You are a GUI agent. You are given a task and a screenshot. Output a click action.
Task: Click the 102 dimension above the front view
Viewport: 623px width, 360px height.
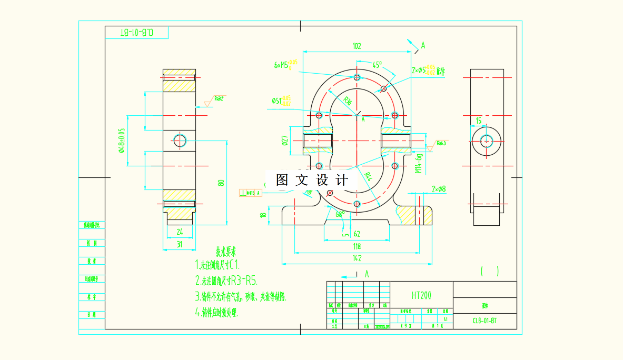tap(357, 46)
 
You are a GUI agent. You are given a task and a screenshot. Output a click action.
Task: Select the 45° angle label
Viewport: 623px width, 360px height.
tap(377, 65)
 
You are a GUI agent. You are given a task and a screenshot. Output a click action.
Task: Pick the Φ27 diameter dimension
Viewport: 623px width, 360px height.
tap(284, 140)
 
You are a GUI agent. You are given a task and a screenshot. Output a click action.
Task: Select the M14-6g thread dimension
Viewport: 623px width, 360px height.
tap(419, 163)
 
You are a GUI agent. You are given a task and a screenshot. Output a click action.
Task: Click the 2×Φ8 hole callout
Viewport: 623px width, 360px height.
tap(439, 188)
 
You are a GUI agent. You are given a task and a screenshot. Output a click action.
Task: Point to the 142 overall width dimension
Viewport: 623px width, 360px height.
tap(357, 258)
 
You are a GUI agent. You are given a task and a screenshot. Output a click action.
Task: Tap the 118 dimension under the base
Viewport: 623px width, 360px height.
tap(357, 246)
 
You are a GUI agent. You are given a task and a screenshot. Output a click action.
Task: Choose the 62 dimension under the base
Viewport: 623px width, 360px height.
tap(357, 234)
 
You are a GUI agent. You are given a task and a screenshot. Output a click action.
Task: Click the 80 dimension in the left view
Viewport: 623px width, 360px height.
tap(222, 182)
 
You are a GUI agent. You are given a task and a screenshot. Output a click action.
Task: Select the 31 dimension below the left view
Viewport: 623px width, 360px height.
tap(179, 244)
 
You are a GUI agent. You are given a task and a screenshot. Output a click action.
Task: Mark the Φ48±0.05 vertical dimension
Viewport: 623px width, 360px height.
tap(122, 141)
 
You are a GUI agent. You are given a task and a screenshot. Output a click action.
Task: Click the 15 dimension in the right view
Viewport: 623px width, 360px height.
tap(478, 121)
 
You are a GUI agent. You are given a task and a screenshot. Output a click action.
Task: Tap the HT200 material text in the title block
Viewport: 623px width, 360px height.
tap(421, 296)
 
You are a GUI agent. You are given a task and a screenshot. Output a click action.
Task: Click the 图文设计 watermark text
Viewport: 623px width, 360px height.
tap(312, 181)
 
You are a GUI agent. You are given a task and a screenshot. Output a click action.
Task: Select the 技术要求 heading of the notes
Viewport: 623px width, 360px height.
tap(226, 251)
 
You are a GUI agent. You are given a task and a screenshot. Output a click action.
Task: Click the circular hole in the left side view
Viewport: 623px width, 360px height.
tap(180, 140)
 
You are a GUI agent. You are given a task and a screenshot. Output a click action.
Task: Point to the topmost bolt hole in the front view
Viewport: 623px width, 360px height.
tap(357, 77)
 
